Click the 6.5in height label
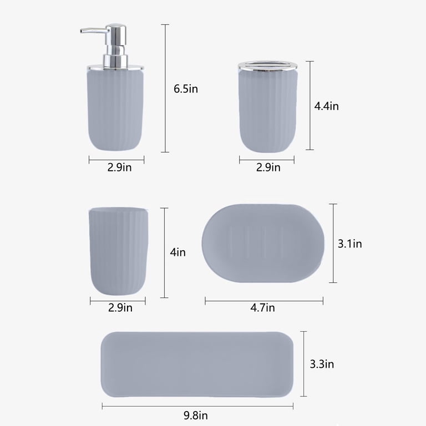point(186,89)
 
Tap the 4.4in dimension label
point(327,106)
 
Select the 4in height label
point(178,252)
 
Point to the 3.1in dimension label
point(350,244)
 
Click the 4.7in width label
point(263,307)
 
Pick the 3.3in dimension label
point(322,364)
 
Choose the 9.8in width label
point(196,415)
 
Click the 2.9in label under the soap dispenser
point(120,167)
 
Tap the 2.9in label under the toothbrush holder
point(268,167)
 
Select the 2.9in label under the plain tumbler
point(120,307)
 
